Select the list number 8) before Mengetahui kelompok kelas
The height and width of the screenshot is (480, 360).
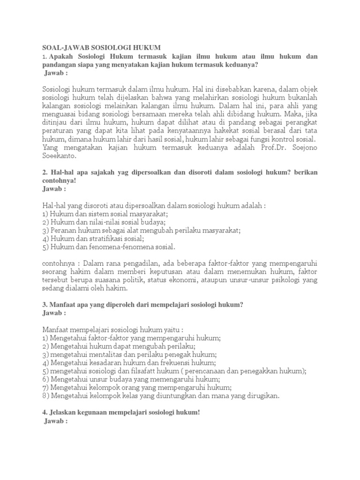45,396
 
